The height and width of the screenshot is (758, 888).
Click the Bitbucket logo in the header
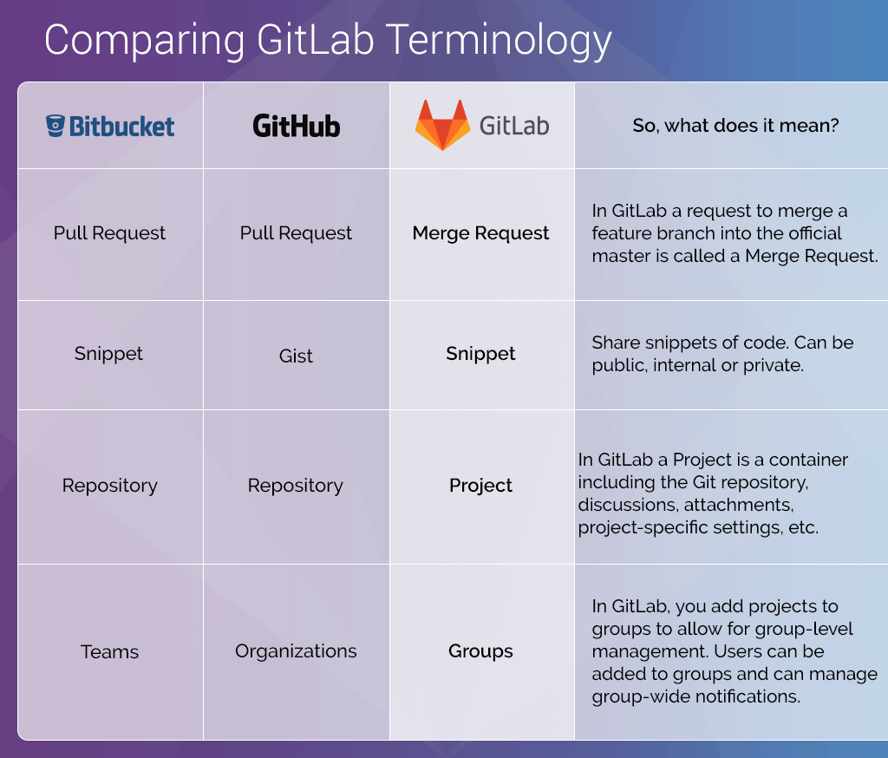[x=110, y=127]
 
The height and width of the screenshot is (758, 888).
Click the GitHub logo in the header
[x=296, y=127]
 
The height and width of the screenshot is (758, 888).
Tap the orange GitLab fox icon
[x=442, y=125]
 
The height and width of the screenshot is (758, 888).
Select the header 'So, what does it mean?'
[x=735, y=126]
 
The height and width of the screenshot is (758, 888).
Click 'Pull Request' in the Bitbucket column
[x=109, y=233]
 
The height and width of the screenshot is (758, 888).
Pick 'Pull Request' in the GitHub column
[x=296, y=233]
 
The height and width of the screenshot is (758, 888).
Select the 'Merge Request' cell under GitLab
[x=480, y=233]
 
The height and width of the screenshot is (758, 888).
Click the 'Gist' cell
[x=296, y=356]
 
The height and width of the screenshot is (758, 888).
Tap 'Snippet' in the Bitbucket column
[x=109, y=354]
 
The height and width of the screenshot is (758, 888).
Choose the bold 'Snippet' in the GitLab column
[x=480, y=354]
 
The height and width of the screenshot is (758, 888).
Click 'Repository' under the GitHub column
[x=296, y=486]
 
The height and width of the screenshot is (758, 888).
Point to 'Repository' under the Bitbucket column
[x=109, y=486]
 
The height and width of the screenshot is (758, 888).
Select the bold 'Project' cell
[x=480, y=486]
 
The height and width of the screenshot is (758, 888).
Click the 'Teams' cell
[x=109, y=651]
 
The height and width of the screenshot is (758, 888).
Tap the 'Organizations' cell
[x=296, y=651]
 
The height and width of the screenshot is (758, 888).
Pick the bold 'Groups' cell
[x=480, y=651]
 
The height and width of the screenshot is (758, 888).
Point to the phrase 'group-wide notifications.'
[x=695, y=696]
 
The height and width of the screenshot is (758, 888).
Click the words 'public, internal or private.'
[x=697, y=365]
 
